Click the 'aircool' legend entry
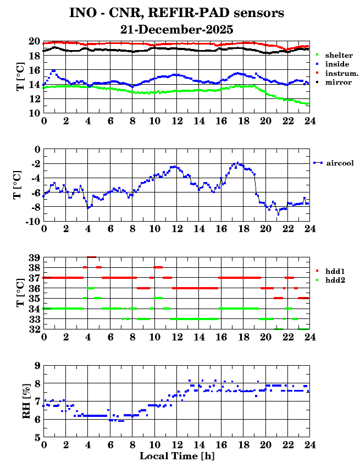point(339,163)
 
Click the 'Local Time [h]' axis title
point(176,456)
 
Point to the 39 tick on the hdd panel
point(34,257)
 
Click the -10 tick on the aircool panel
point(31,221)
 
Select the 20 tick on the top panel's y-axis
point(34,41)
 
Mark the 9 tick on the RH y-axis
point(37,365)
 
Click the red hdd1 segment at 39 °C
point(91,257)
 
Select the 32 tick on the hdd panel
point(34,329)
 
